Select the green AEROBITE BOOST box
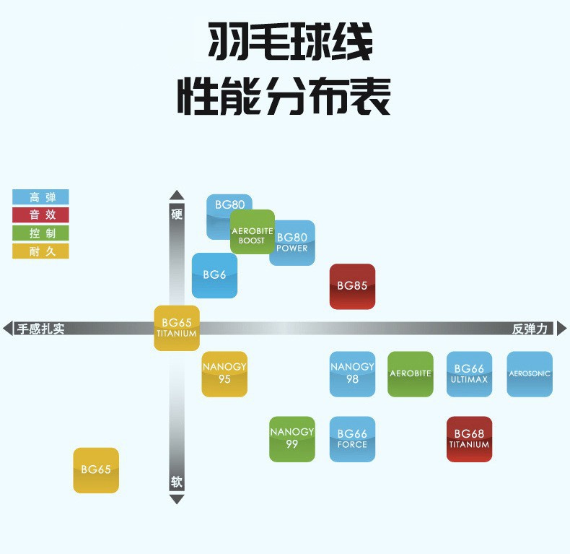(252, 232)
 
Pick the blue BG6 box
(214, 275)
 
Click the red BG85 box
(352, 286)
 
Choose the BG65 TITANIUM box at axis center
(177, 328)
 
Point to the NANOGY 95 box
(224, 374)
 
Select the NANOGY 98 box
(352, 374)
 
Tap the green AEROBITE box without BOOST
(411, 374)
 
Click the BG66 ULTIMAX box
(469, 374)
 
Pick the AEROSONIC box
(530, 374)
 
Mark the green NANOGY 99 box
(291, 439)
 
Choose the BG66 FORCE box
(352, 439)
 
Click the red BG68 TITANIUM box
(469, 439)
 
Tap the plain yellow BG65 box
(96, 470)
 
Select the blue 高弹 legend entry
(40, 196)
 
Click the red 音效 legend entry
(40, 215)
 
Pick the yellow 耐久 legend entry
(40, 251)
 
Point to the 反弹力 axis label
(530, 329)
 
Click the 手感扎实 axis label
(41, 329)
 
